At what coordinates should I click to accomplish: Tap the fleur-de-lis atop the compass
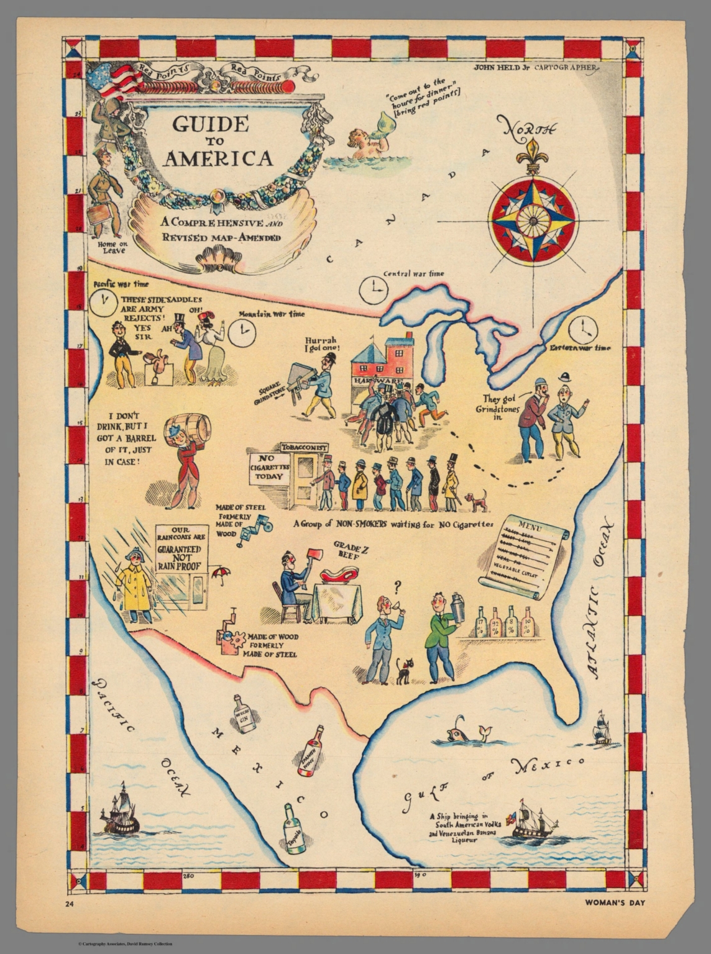(532, 155)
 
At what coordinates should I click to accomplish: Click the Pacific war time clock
(102, 302)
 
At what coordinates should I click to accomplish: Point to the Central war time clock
(374, 290)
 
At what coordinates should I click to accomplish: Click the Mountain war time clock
(241, 334)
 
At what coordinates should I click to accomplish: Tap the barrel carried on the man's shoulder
(191, 428)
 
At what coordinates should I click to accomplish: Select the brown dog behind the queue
(477, 500)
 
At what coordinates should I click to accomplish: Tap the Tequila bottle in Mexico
(294, 829)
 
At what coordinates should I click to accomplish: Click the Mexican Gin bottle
(244, 714)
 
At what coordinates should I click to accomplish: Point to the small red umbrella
(221, 574)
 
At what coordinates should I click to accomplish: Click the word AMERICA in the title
(218, 159)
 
